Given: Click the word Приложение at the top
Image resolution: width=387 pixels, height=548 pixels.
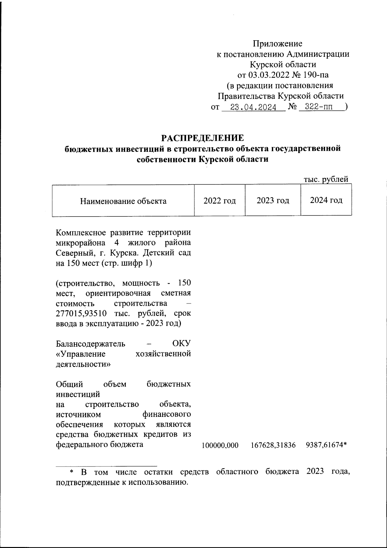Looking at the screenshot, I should pos(277,44).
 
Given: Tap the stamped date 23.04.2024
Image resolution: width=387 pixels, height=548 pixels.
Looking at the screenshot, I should pos(253,107).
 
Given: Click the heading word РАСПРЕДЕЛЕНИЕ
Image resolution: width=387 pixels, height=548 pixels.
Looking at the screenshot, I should pos(203,138).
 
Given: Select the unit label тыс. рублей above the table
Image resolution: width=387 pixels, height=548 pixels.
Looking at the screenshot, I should pos(326,179).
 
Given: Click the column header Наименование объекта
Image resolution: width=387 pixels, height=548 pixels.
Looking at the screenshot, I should pos(123,201).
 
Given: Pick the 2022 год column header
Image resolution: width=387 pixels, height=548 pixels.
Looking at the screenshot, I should pos(220,201).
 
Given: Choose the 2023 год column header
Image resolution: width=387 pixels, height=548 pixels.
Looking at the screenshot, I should pos(273,201).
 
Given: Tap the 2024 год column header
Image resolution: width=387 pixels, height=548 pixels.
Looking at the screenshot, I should pos(326,200).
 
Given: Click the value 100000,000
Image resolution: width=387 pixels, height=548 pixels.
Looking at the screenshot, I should pos(220,445).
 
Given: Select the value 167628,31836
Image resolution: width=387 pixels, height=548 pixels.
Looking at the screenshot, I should pos(273,445).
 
